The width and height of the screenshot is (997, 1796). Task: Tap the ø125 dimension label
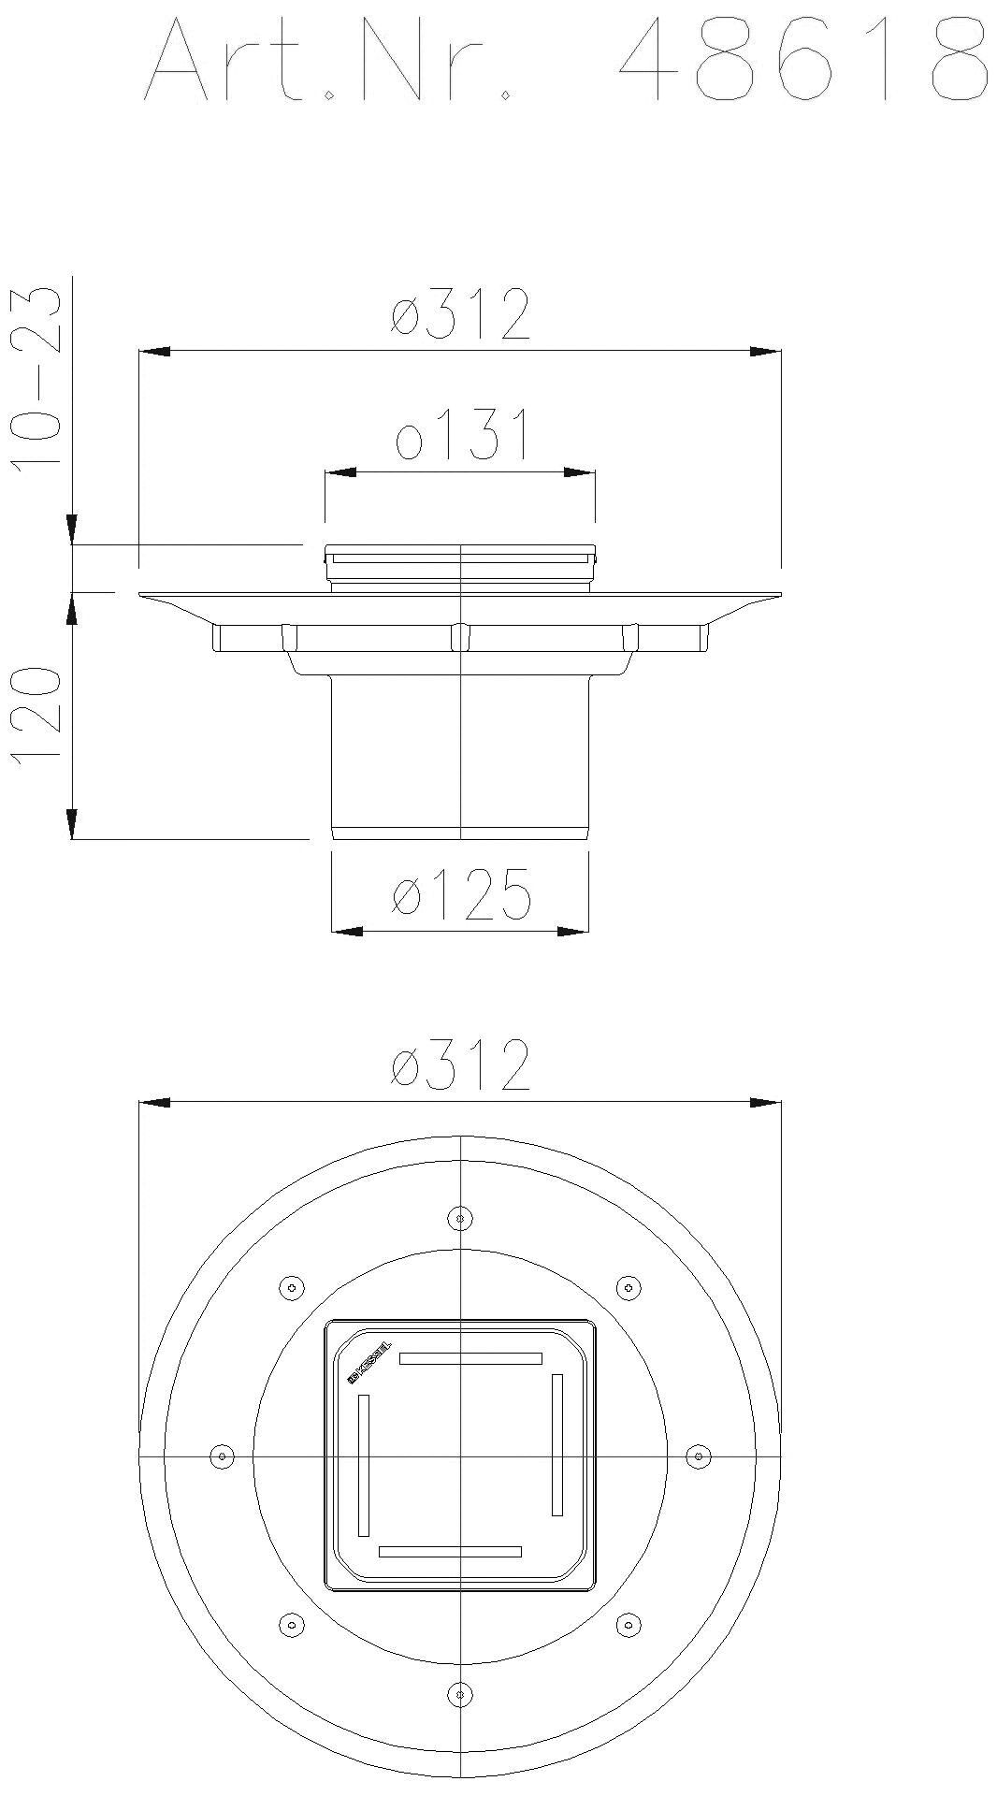(x=461, y=893)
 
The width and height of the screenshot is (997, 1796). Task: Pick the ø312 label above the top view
(x=461, y=1065)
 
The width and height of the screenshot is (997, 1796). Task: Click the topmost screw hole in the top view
(x=459, y=1218)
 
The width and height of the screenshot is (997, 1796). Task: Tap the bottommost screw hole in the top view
(x=459, y=1693)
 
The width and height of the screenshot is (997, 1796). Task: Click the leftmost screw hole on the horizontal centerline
(x=222, y=1456)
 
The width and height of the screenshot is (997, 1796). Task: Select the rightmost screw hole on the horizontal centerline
(x=698, y=1456)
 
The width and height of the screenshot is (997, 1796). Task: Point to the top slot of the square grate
(x=470, y=1358)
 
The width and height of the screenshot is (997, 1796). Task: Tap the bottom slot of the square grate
(x=450, y=1552)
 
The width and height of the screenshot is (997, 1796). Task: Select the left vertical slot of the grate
(x=364, y=1465)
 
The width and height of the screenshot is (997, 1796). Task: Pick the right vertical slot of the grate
(x=557, y=1444)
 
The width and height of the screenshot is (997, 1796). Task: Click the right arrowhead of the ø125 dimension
(x=573, y=931)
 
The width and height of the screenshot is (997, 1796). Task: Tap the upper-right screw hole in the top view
(x=629, y=1287)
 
